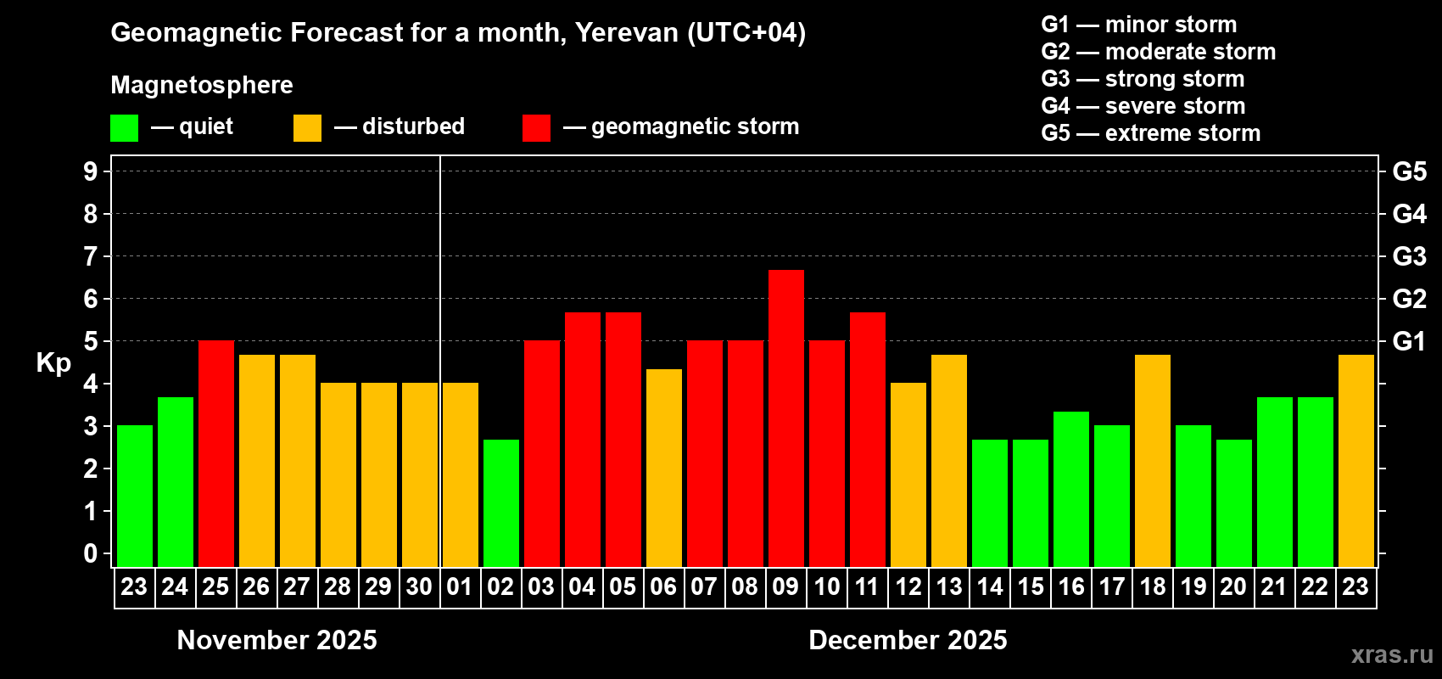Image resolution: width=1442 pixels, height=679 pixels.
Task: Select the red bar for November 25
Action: (x=216, y=453)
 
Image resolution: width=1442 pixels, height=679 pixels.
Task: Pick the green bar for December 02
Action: (x=501, y=502)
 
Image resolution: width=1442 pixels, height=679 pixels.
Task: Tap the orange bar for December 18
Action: (x=1153, y=460)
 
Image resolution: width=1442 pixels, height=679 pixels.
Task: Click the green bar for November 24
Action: (x=176, y=481)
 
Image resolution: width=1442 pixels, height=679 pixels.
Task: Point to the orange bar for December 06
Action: (x=664, y=468)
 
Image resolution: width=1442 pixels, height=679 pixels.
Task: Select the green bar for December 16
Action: (x=1071, y=489)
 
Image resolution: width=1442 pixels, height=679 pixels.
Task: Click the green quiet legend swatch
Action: (x=124, y=128)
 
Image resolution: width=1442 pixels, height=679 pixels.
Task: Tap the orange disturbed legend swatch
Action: (x=307, y=128)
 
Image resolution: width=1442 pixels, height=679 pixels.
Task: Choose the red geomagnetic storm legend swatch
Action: (x=536, y=128)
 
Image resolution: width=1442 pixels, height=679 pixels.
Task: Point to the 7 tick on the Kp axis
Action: (x=91, y=256)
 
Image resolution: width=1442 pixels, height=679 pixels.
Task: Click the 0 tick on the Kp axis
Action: (x=91, y=554)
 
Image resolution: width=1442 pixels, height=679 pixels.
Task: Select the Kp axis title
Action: (x=53, y=363)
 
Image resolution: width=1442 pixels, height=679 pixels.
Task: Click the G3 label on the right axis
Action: (x=1409, y=256)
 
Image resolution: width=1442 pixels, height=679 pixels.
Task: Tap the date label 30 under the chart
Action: (x=419, y=586)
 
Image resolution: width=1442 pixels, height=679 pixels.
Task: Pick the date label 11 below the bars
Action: (x=867, y=586)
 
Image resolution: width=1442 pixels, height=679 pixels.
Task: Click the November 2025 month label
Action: (x=277, y=640)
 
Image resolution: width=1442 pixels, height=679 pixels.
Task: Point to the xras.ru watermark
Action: (x=1391, y=654)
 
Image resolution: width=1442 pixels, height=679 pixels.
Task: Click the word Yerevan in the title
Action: (x=627, y=33)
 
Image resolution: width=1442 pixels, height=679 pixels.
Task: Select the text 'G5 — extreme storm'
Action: (x=1150, y=133)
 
